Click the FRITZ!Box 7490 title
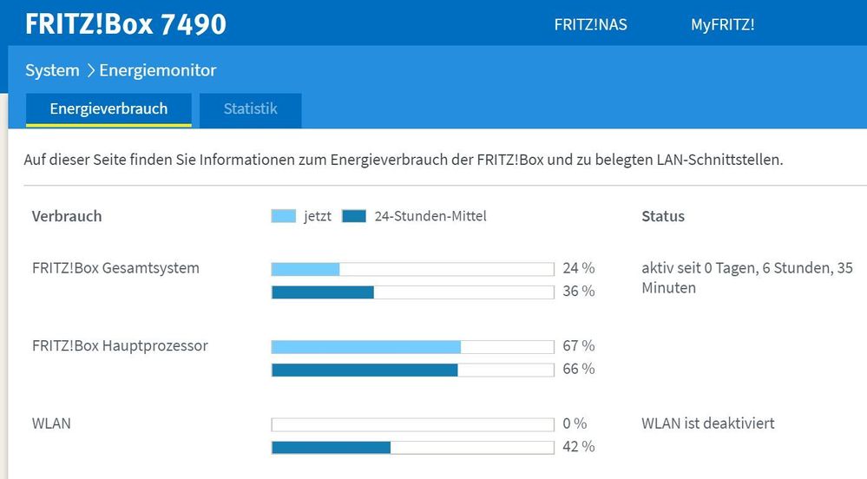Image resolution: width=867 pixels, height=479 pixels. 126,23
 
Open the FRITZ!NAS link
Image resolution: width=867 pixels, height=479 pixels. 590,24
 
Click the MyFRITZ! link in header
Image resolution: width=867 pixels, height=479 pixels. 722,24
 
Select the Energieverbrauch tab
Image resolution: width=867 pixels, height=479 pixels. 108,109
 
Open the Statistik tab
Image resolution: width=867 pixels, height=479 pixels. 250,109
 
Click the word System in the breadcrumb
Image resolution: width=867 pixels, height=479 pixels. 52,70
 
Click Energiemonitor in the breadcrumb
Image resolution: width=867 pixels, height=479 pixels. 158,70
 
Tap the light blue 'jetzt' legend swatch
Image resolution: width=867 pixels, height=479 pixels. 284,217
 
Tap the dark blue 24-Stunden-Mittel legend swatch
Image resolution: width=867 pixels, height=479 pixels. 354,217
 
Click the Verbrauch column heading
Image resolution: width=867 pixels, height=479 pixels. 67,217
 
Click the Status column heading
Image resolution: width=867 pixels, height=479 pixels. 663,217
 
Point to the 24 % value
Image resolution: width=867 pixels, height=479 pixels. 578,268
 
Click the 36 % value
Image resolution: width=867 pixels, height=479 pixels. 578,292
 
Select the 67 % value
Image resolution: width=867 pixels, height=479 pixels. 578,346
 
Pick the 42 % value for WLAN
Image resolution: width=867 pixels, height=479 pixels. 578,447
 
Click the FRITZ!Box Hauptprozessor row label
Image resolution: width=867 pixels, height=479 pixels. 120,346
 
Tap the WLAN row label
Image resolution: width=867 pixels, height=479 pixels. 51,423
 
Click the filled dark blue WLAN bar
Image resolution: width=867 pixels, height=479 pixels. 331,448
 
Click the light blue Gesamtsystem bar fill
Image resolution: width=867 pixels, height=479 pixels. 305,269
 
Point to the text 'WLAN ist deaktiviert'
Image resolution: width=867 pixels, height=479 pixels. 707,423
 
